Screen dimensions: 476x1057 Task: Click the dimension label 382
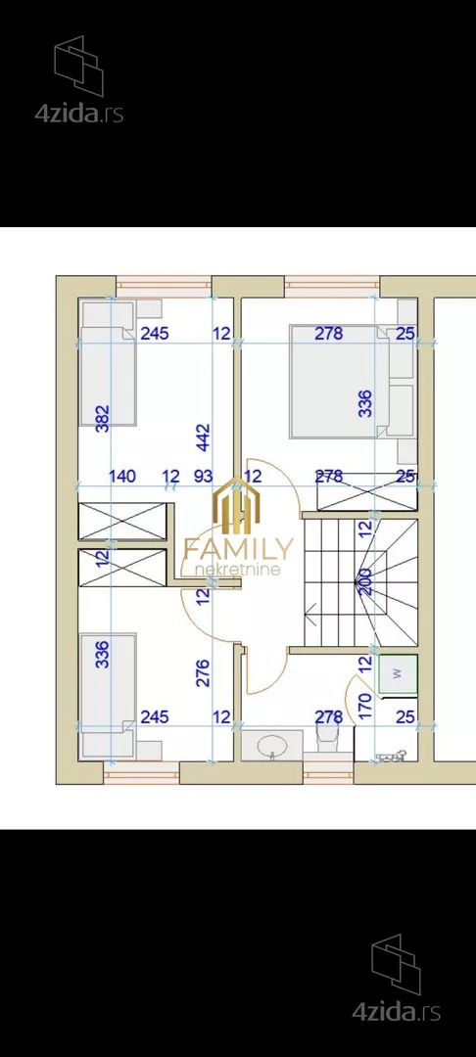click(103, 418)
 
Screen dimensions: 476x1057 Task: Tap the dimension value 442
click(204, 437)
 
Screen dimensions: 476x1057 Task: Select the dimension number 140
click(122, 477)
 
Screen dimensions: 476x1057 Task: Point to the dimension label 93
click(203, 477)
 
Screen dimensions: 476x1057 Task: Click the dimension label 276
click(204, 672)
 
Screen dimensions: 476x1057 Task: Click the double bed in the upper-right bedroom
click(339, 382)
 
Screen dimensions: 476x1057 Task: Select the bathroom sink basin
click(272, 745)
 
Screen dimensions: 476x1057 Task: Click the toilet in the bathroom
click(327, 739)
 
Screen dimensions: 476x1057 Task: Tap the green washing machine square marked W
click(398, 672)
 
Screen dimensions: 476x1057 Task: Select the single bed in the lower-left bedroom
click(108, 694)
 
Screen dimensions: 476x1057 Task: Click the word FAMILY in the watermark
click(238, 549)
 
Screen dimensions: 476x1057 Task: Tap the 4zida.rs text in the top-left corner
click(79, 114)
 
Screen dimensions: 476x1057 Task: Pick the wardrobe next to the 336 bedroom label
click(367, 491)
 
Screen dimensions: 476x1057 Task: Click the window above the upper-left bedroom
click(164, 287)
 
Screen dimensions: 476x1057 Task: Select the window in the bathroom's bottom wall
click(328, 772)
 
